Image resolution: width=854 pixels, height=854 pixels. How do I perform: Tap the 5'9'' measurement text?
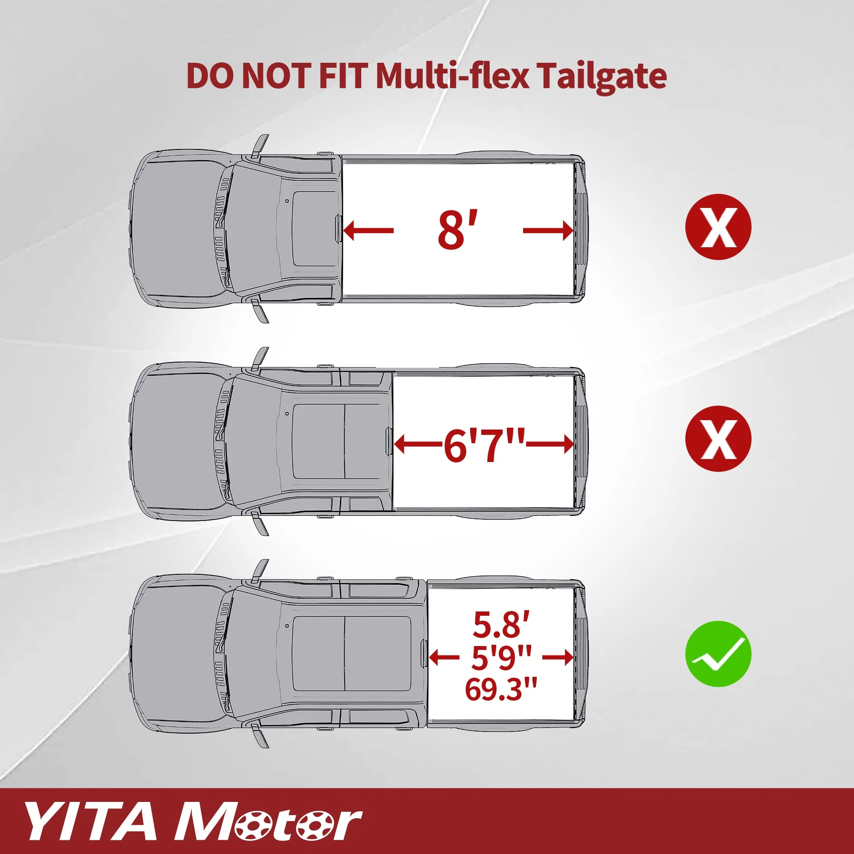(x=501, y=657)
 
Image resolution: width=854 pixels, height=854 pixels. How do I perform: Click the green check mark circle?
(x=717, y=653)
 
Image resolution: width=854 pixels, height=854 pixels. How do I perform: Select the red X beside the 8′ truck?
(x=717, y=226)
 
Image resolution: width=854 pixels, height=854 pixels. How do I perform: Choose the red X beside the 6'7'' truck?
(x=717, y=439)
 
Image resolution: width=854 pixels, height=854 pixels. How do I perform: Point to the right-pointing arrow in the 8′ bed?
(x=548, y=231)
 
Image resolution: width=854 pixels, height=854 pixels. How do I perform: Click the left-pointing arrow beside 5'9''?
(x=444, y=657)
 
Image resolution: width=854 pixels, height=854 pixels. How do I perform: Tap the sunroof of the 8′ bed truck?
(x=314, y=228)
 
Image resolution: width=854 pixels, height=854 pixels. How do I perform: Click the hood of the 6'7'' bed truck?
(x=177, y=442)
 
